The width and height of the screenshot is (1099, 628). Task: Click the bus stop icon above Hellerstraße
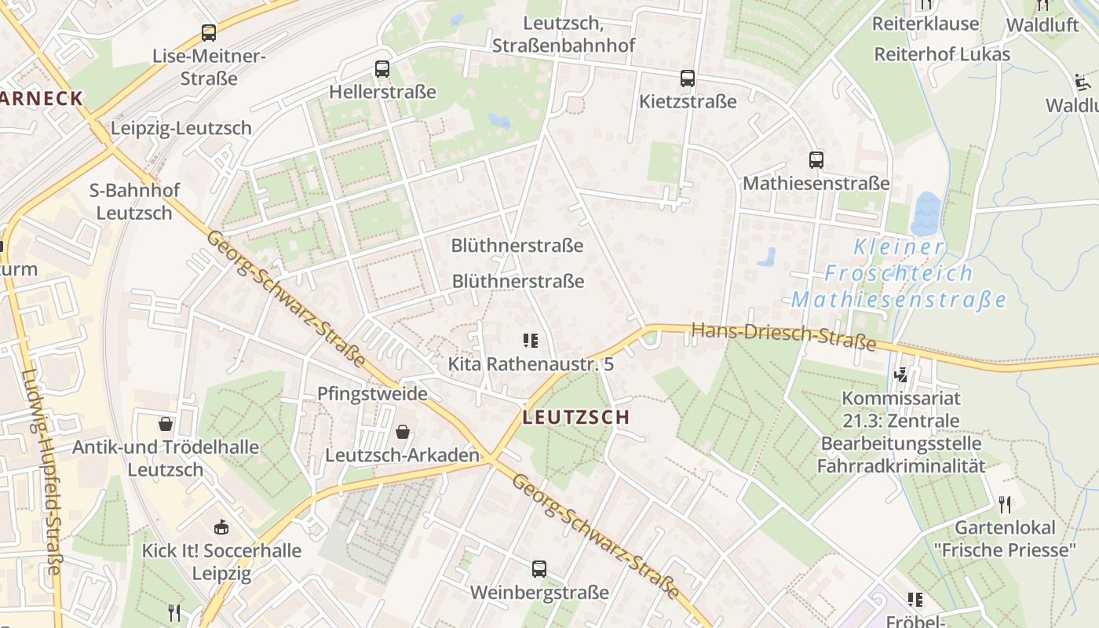click(x=382, y=69)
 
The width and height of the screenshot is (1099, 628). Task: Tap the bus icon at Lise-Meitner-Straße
click(x=208, y=33)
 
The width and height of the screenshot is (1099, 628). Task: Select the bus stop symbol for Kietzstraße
click(x=688, y=78)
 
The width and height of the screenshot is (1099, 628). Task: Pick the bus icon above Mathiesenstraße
click(x=816, y=160)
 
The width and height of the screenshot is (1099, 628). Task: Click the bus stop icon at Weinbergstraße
click(x=539, y=569)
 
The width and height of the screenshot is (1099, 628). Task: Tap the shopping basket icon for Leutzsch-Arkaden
click(x=403, y=432)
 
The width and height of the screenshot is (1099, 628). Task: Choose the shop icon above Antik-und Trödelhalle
click(x=166, y=424)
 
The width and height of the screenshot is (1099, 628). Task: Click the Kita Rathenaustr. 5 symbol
click(x=531, y=341)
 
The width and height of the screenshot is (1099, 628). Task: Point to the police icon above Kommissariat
click(x=902, y=374)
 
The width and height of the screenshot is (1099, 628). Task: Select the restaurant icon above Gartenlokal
click(x=1005, y=504)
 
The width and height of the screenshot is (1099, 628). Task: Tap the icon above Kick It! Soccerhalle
click(x=221, y=527)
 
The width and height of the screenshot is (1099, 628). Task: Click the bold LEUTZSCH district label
click(x=576, y=418)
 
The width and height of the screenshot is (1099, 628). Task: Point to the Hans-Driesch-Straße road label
click(x=783, y=336)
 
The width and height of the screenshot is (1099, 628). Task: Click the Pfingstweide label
click(x=372, y=393)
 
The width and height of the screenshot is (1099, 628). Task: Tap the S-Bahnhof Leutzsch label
click(x=134, y=202)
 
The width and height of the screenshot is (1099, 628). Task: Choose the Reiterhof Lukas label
click(x=942, y=54)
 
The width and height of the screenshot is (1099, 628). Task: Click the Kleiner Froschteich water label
click(x=899, y=273)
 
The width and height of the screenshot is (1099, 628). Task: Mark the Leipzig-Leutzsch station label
click(x=181, y=128)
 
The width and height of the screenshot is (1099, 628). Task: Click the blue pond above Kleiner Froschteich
click(x=926, y=214)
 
